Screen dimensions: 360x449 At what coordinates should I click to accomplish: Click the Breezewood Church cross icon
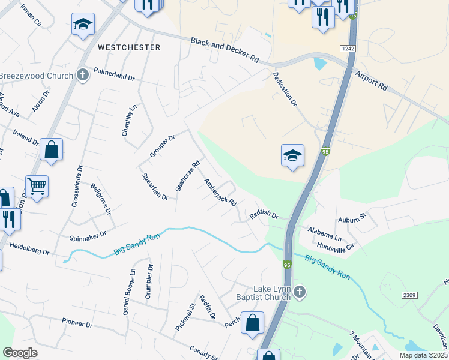point(83,76)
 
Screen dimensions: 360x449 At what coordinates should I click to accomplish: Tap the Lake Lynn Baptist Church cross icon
point(300,292)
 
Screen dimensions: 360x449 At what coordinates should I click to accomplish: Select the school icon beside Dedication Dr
point(292,156)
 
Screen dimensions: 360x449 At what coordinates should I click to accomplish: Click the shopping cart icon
point(37,187)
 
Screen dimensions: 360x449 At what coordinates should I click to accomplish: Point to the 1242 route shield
point(348,47)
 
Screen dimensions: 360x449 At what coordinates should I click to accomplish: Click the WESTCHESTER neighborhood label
point(129,47)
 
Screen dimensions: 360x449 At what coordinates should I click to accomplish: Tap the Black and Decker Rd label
point(224,50)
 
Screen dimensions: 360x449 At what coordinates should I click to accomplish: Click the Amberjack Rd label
point(220,193)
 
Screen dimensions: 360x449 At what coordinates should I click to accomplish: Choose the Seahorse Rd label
point(187,176)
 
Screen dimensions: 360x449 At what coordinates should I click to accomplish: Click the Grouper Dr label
point(162,146)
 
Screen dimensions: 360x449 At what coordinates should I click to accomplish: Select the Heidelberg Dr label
point(29,248)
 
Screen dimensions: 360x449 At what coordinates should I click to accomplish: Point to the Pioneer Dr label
point(77,323)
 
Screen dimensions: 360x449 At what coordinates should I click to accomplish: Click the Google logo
point(20,353)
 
